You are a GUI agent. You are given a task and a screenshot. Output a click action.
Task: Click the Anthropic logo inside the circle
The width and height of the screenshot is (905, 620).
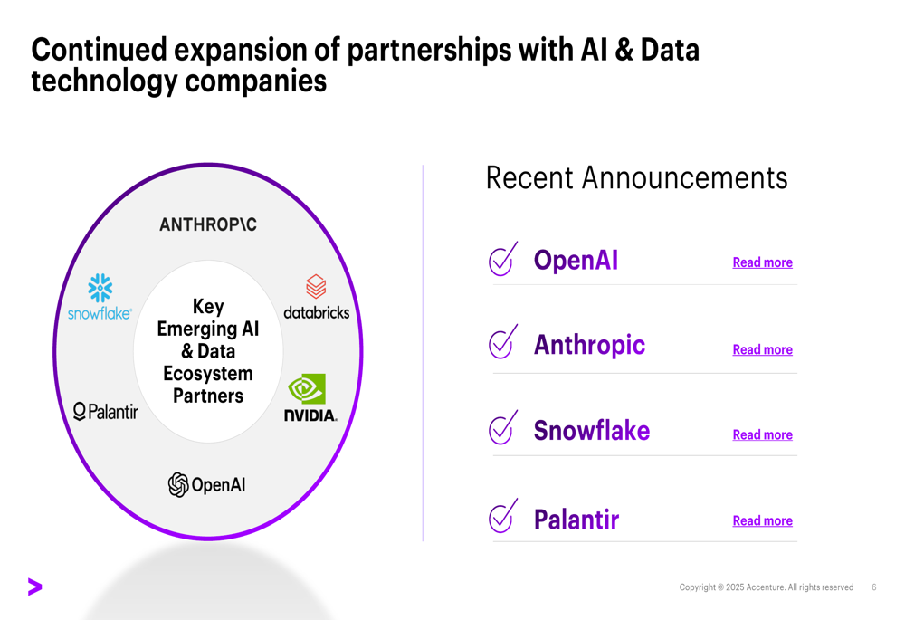point(208,224)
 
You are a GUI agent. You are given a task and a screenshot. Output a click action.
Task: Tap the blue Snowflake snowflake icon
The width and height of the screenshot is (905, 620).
point(100,288)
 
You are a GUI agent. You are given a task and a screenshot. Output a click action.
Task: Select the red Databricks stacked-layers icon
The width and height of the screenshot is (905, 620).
point(316,286)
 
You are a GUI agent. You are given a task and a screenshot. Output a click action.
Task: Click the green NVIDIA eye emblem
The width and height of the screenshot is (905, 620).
point(307,388)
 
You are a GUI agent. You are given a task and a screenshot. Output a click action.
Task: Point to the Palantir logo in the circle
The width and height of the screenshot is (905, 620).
point(106,412)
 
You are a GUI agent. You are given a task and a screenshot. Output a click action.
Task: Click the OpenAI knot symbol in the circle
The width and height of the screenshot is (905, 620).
point(178,484)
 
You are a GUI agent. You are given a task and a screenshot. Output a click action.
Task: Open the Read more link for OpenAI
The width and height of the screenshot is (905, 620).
point(762,262)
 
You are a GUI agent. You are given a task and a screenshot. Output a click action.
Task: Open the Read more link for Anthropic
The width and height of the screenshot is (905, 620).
point(762,350)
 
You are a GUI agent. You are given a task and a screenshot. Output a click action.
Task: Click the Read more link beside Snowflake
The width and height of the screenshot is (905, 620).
point(762,435)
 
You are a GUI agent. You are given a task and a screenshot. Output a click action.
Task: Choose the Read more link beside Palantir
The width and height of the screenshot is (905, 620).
point(762,521)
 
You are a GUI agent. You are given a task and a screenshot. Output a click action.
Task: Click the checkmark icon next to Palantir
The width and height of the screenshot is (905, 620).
point(501,518)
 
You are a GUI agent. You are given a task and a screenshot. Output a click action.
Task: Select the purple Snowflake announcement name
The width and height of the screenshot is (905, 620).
point(592,431)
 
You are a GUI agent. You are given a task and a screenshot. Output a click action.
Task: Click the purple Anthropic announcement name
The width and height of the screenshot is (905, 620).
point(589,345)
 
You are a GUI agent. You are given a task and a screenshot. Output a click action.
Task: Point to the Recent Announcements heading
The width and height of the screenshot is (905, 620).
point(636,177)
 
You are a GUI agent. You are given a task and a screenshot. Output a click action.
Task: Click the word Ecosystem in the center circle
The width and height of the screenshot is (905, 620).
point(208,374)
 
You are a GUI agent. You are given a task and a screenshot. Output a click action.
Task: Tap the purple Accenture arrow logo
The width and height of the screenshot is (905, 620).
point(34,587)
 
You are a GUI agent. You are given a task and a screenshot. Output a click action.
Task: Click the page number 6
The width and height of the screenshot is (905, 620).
point(874,587)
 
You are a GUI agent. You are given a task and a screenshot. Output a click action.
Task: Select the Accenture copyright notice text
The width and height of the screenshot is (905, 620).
point(766,587)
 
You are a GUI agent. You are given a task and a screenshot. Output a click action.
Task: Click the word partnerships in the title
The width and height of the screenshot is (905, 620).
point(429,50)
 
